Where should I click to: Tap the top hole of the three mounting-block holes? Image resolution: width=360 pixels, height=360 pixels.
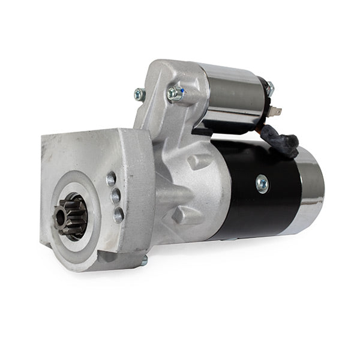pyautogui.click(x=111, y=178)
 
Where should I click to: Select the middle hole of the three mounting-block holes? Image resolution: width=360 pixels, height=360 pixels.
pyautogui.click(x=115, y=196)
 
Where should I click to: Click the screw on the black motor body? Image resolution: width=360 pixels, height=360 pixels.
pyautogui.click(x=262, y=184)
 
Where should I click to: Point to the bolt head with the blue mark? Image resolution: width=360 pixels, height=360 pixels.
pyautogui.click(x=175, y=93)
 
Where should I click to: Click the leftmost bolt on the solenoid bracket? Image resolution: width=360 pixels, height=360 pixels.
pyautogui.click(x=140, y=94)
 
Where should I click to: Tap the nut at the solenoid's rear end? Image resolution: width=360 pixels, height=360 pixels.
pyautogui.click(x=269, y=89)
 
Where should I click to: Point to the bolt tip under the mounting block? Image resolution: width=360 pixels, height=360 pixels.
pyautogui.click(x=144, y=260)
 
